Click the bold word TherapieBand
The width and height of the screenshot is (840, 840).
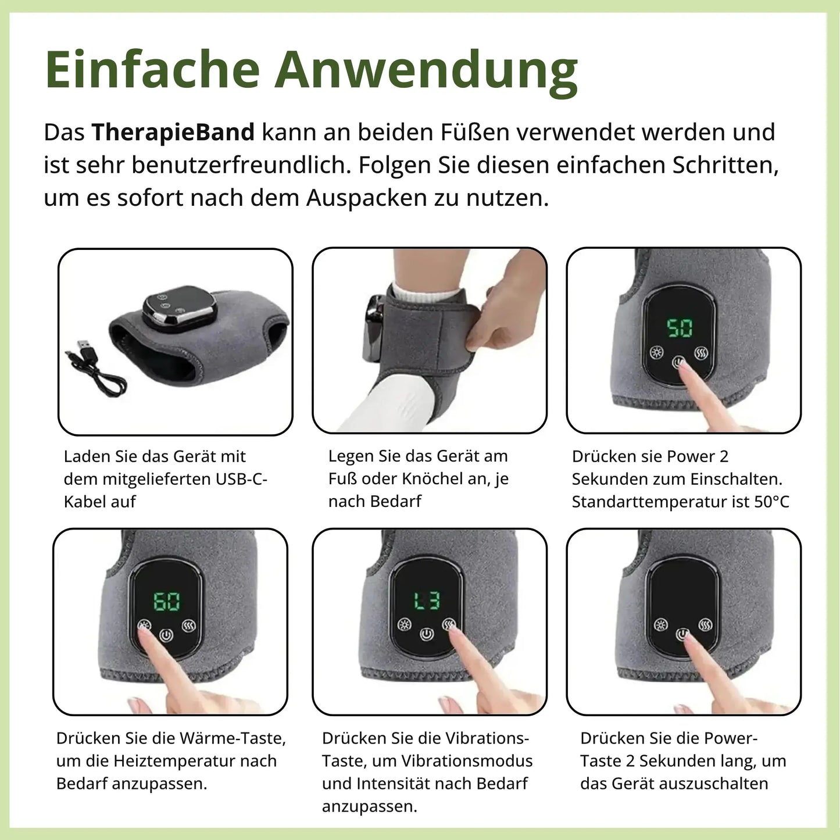(x=173, y=133)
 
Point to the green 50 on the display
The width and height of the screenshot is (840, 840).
(x=680, y=328)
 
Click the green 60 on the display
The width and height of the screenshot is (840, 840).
(x=167, y=601)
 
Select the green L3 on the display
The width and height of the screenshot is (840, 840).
(x=427, y=600)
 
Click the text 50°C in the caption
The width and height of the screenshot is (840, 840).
(x=771, y=502)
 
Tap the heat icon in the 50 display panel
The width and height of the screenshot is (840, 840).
(x=657, y=352)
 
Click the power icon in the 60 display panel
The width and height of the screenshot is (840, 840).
(x=166, y=635)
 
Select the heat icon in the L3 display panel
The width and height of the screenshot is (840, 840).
(x=404, y=625)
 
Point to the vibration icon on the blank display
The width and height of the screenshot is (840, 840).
(x=706, y=625)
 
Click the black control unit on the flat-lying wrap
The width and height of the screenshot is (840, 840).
(x=180, y=308)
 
